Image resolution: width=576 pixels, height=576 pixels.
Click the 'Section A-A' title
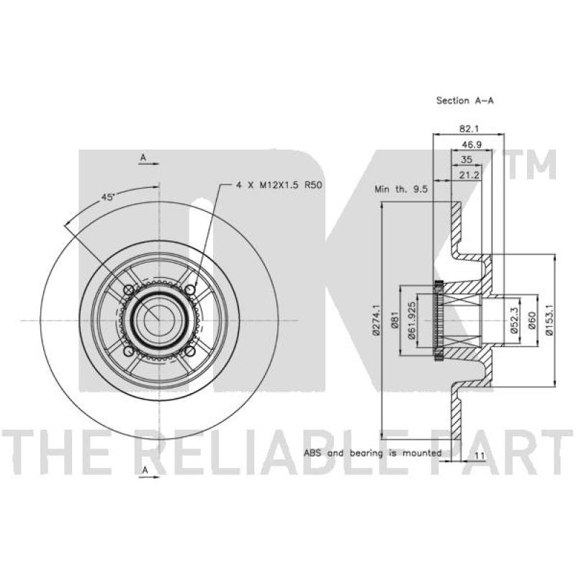tap(464, 100)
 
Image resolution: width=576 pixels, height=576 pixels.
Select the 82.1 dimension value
tap(469, 129)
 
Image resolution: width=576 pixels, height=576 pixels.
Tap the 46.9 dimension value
tap(472, 145)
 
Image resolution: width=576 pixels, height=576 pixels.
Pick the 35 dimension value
tap(466, 159)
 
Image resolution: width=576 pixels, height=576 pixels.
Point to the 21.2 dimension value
tap(469, 175)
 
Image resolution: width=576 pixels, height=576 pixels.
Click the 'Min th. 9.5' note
tap(401, 189)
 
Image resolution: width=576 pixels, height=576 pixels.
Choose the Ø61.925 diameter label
tap(411, 320)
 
